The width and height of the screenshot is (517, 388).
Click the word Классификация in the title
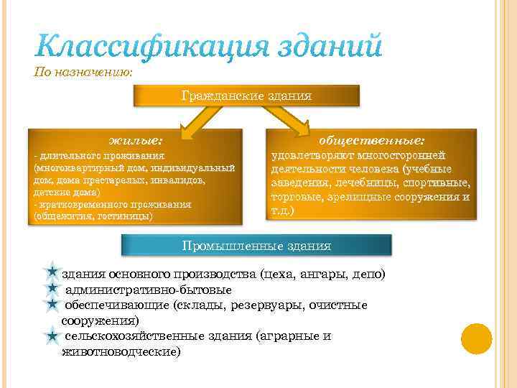(147, 47)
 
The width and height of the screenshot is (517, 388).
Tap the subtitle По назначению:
(84, 71)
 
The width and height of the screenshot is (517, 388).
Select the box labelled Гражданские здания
(246, 95)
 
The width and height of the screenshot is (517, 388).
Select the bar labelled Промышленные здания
(256, 246)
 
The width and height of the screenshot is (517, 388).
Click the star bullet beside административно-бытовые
(52, 289)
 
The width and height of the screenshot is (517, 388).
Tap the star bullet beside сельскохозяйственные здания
(52, 336)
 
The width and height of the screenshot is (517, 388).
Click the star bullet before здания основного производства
(52, 274)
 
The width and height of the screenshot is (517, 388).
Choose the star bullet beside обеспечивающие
(52, 305)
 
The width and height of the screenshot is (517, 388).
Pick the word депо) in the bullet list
(368, 274)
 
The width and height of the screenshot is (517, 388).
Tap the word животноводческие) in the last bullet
(121, 351)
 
